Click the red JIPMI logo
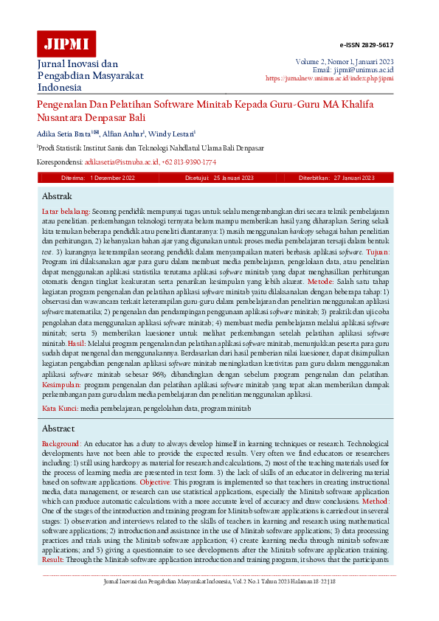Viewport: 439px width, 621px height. (x=66, y=44)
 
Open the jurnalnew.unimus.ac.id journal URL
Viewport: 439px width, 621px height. (x=329, y=77)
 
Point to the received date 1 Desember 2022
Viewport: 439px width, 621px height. (x=112, y=178)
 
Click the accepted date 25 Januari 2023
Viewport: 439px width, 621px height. (x=232, y=178)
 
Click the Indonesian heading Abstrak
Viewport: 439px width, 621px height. (x=57, y=196)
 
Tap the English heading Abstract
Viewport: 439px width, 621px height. (x=58, y=428)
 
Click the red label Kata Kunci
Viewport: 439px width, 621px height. (x=59, y=408)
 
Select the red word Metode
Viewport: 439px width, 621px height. (x=320, y=282)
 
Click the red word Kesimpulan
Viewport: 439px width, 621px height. (x=61, y=385)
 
